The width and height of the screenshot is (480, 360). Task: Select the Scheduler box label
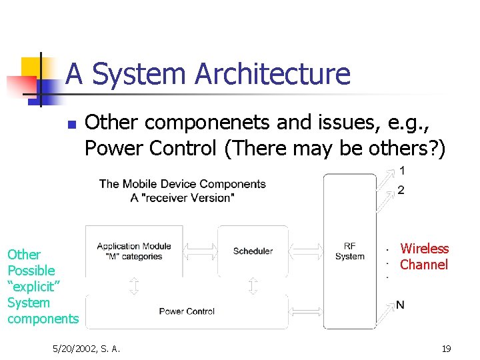click(x=253, y=251)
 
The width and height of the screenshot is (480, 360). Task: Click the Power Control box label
click(x=187, y=311)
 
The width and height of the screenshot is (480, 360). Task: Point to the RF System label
click(x=349, y=251)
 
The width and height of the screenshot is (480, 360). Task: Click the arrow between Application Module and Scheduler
click(x=200, y=251)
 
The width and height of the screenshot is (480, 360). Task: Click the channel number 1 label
click(x=401, y=171)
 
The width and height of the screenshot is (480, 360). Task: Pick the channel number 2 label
click(x=401, y=191)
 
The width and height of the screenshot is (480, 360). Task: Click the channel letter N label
click(x=400, y=305)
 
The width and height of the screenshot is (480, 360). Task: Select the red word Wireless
click(x=424, y=249)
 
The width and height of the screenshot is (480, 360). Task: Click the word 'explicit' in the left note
click(x=33, y=287)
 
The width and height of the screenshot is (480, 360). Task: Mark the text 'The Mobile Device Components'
click(x=182, y=184)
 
